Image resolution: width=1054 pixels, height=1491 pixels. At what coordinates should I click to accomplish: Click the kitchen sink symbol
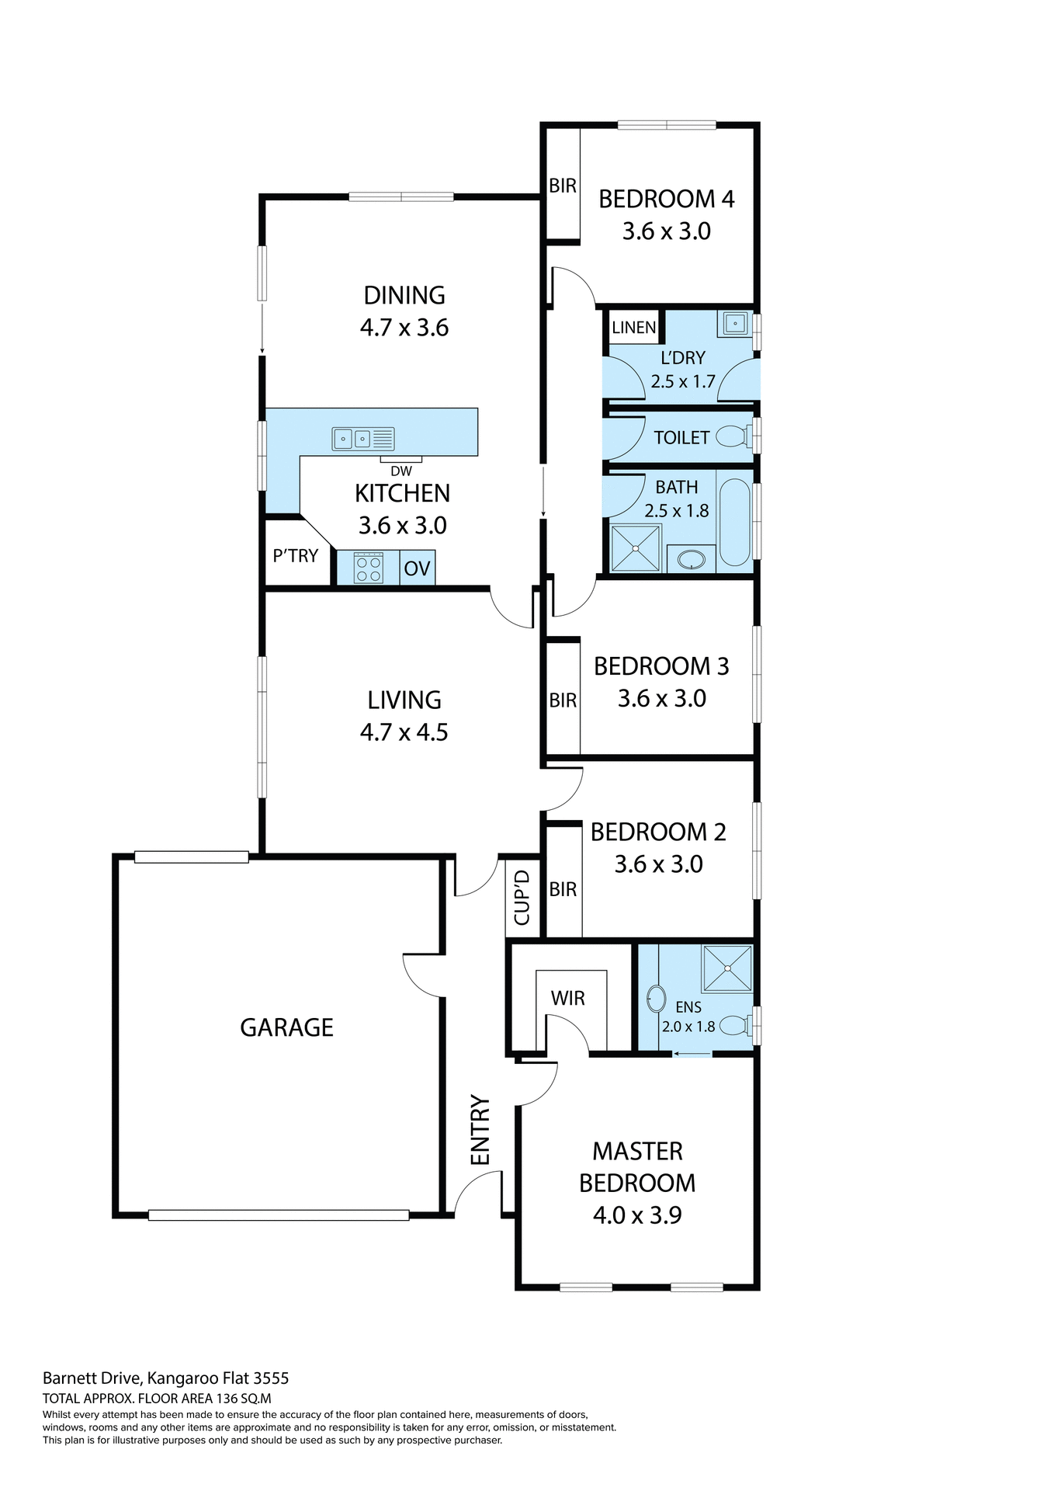[x=363, y=439]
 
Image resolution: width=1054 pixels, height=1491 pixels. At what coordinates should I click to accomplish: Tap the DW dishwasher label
[x=401, y=471]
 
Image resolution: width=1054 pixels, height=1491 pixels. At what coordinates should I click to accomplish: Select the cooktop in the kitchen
[x=368, y=567]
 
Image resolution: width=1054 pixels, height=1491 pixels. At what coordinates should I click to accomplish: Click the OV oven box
[x=417, y=568]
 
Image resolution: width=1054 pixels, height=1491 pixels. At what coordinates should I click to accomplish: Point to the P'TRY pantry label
[x=295, y=555]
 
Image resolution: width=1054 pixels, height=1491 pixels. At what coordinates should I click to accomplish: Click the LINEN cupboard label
[x=633, y=327]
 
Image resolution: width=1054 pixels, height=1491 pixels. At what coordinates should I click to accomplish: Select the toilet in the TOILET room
[x=732, y=437]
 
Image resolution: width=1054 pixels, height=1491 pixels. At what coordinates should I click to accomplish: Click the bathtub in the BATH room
[x=734, y=522]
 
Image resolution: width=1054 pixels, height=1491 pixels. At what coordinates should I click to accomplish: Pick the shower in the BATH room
[x=636, y=548]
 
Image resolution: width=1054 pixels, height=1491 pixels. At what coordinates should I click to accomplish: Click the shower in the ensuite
[x=727, y=968]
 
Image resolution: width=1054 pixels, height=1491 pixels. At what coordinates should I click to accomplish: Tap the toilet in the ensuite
[x=734, y=1026]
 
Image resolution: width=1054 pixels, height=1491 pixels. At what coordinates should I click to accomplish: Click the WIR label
[x=567, y=998]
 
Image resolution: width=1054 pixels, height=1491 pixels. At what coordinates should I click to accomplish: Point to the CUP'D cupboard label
[x=522, y=897]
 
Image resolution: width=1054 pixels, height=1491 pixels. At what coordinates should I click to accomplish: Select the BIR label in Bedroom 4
[x=563, y=186]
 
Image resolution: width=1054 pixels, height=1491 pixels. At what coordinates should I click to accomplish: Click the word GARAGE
[x=286, y=1027]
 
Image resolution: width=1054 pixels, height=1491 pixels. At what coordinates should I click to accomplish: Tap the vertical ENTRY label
[x=480, y=1130]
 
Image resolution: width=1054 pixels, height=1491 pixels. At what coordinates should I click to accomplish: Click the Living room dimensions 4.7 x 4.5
[x=404, y=732]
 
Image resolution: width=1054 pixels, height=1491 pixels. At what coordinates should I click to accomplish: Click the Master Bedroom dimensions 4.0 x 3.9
[x=637, y=1215]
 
